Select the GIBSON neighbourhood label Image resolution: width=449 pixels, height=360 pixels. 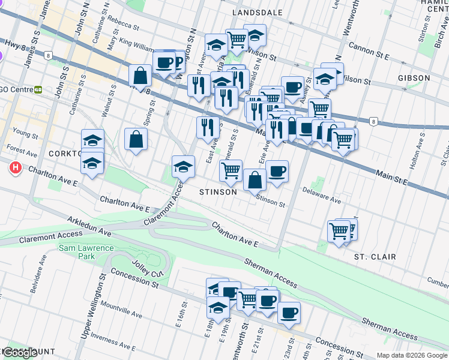(x=414, y=78)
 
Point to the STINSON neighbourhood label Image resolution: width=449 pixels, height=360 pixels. (x=218, y=192)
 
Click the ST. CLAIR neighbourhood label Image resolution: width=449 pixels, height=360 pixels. (x=375, y=257)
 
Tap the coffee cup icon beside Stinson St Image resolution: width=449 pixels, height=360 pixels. (x=277, y=172)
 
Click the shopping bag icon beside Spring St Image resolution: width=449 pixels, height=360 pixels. (x=136, y=139)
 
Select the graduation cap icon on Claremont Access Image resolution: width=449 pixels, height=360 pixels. (x=183, y=167)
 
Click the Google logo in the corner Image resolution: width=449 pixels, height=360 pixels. (x=20, y=353)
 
